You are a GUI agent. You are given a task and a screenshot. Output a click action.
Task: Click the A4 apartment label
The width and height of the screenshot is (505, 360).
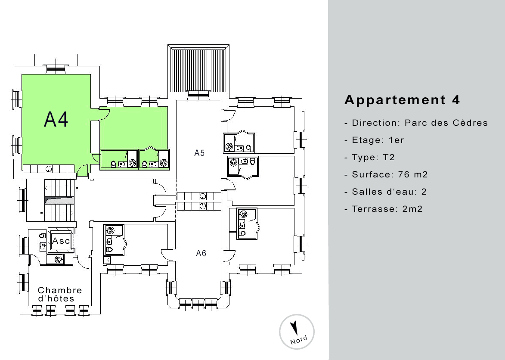coord(56,119)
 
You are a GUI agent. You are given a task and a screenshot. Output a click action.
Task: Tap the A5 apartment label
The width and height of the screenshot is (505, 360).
coord(199,153)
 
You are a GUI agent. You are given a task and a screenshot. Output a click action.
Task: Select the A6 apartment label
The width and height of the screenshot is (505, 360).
coord(201,253)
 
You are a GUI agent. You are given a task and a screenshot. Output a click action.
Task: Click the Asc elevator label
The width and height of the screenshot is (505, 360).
coord(61,241)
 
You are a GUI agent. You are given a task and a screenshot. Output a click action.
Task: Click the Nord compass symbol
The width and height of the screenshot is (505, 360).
coord(297,332)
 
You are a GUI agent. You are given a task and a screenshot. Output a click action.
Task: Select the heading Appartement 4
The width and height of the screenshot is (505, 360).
coord(402,100)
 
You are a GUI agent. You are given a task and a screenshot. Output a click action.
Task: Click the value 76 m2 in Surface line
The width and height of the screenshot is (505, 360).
coord(412,174)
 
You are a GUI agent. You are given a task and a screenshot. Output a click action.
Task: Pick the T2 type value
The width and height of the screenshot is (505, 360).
coord(389,157)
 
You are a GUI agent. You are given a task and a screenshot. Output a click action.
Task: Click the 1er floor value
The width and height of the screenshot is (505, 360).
coord(396,140)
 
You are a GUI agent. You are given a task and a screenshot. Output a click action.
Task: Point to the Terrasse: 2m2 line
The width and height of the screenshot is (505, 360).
coord(383,209)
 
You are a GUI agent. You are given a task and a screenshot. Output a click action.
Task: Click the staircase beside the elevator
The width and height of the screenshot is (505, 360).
coord(59,200)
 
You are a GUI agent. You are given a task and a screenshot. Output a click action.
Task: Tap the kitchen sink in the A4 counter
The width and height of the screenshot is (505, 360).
coord(49,168)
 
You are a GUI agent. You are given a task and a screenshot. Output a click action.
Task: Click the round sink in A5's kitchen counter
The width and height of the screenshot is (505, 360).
coord(203,196)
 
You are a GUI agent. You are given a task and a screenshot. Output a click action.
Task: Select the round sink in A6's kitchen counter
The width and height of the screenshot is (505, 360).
coord(203,206)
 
